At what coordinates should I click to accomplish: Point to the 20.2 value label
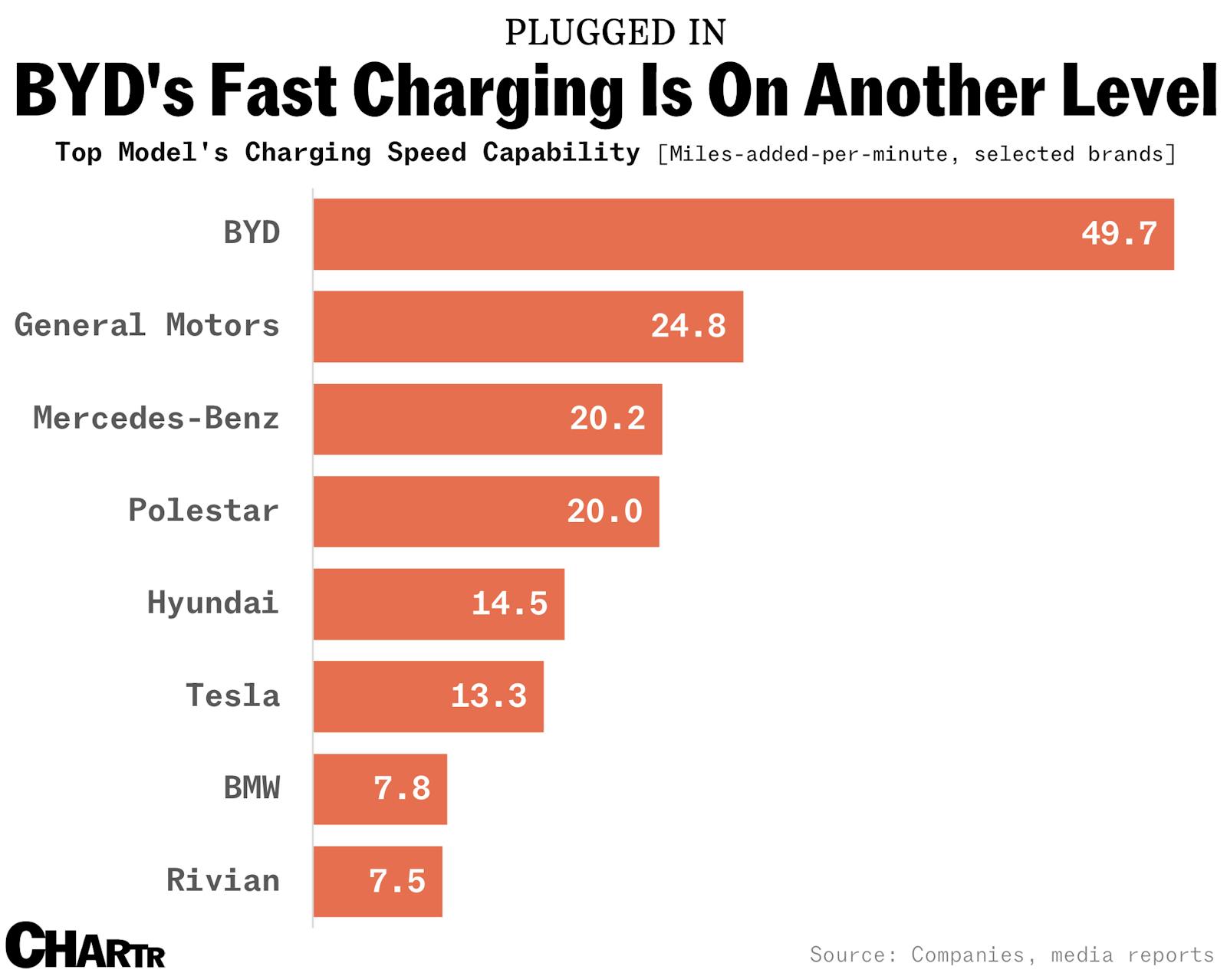pos(607,419)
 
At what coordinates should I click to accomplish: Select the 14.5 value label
pos(509,603)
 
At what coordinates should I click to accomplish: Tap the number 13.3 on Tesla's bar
pos(488,696)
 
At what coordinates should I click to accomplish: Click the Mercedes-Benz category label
pos(156,419)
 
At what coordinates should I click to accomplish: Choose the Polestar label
pos(203,511)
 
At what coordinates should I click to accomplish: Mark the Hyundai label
pos(212,603)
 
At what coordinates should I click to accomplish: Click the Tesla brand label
pos(232,696)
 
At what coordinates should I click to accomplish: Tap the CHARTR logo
pos(84,946)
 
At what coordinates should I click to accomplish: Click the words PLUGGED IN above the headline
pos(615,32)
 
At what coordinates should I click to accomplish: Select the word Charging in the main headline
pos(488,92)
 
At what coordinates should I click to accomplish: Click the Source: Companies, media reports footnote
pos(1012,955)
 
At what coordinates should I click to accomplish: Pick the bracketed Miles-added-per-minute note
pos(916,154)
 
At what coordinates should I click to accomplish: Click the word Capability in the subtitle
pos(561,153)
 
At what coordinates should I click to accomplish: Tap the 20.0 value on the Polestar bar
pos(604,511)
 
